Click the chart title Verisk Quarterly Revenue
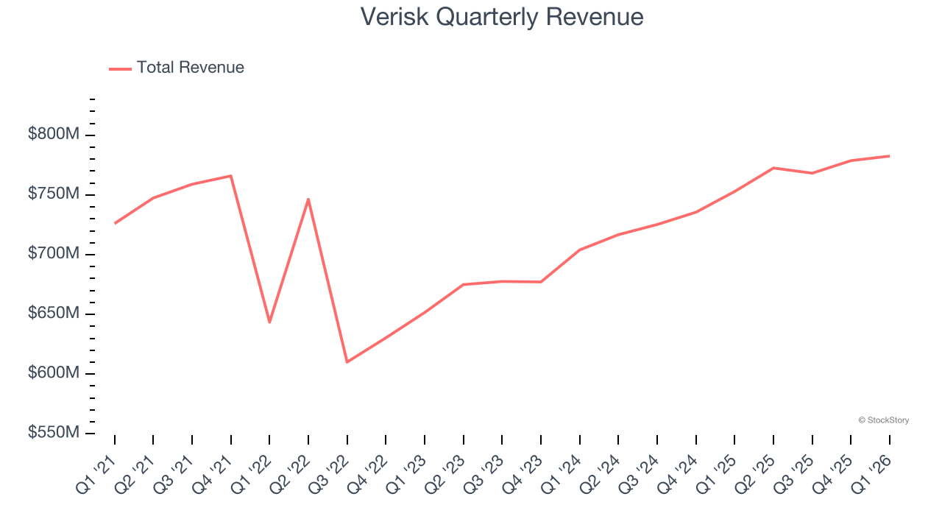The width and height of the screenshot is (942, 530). (x=502, y=16)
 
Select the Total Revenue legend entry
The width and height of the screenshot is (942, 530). (x=177, y=68)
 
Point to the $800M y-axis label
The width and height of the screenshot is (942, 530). (x=54, y=135)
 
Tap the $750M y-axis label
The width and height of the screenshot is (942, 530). (x=54, y=194)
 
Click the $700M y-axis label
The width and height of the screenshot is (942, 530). (x=54, y=254)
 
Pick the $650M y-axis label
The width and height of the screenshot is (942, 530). (x=54, y=314)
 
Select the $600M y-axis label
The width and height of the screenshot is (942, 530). (x=54, y=373)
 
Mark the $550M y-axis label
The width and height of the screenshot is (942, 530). (x=54, y=433)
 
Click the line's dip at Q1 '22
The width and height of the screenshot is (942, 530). (x=269, y=322)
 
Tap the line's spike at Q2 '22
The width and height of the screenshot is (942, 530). (x=308, y=199)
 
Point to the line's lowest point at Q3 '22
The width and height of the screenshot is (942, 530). (x=347, y=362)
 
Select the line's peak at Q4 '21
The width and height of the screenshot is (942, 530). (x=231, y=175)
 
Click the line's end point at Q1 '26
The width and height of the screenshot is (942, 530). (x=889, y=156)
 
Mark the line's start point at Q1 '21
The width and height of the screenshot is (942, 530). (x=115, y=223)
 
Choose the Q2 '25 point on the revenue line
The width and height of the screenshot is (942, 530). (x=773, y=168)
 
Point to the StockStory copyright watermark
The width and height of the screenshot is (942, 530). (x=883, y=420)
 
